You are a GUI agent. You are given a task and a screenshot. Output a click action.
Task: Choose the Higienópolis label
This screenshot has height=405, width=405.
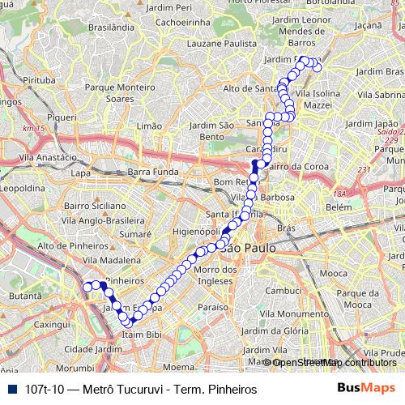[198, 230]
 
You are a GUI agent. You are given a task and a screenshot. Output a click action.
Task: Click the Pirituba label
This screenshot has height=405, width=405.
[39, 81]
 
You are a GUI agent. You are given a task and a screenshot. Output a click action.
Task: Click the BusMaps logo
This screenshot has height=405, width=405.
[366, 389]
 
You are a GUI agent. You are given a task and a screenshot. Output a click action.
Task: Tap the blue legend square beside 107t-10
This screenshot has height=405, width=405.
[10, 389]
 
